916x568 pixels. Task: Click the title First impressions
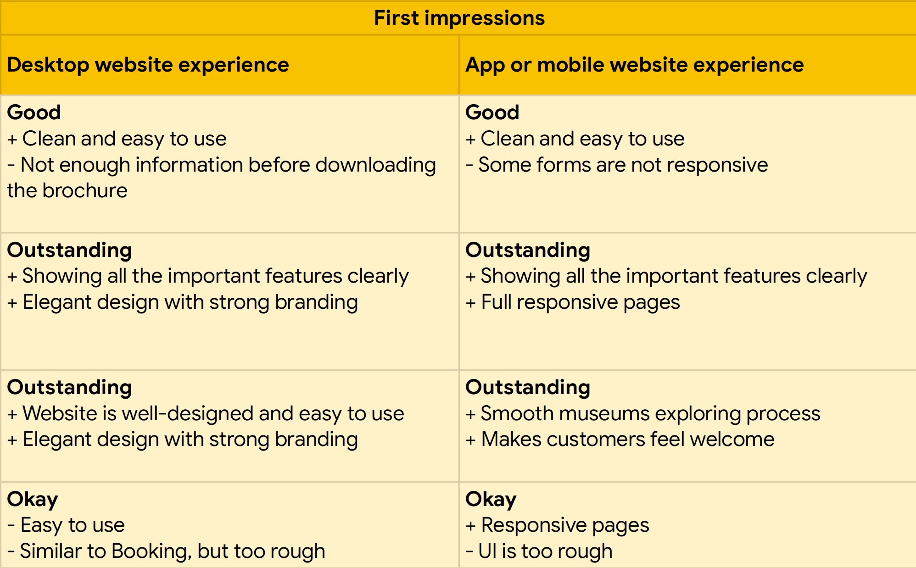[459, 18]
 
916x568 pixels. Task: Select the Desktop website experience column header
[148, 65]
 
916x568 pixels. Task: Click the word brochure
[85, 190]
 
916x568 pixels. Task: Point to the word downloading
[375, 165]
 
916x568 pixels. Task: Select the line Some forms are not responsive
[617, 165]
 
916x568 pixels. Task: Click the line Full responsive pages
[573, 302]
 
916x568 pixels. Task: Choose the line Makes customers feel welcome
[620, 439]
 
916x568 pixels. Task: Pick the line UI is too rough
[539, 551]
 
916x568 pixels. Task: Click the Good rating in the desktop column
[34, 112]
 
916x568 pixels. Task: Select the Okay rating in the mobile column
[491, 499]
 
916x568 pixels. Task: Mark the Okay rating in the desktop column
[33, 499]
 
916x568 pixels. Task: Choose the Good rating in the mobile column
[492, 112]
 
